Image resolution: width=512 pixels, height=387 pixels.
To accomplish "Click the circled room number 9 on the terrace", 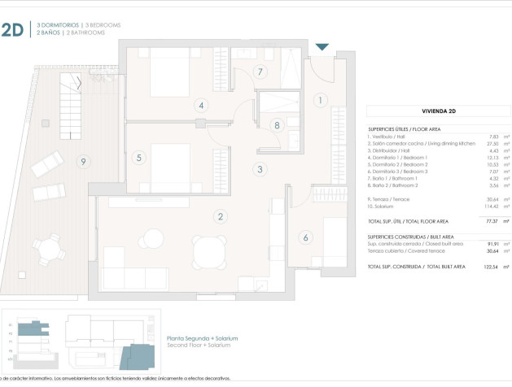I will point(83,162).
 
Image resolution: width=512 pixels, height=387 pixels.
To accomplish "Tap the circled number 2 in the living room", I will point(220,216).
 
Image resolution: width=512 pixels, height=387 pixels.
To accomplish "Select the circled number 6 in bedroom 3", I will point(306,237).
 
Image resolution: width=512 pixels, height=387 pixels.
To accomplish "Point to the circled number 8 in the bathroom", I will point(277,125).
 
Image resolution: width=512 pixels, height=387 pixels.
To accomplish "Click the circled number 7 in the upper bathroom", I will point(260,72).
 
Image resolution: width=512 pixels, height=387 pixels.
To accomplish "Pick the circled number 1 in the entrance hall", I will point(321,101).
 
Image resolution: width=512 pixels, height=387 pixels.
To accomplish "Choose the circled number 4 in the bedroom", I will point(200,105).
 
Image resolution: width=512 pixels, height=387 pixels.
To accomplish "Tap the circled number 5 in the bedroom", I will point(139,158).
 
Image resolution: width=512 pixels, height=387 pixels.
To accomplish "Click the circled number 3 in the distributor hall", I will point(260,170).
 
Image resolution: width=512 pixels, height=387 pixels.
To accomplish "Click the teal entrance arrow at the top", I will point(322,47).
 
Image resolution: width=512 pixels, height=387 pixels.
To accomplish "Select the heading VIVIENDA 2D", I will point(438,111).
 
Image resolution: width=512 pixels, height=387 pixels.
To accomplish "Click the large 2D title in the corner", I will point(12,31).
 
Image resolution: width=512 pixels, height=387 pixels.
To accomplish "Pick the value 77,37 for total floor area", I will point(491,221).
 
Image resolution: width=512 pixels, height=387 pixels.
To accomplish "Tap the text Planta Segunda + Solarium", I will point(202,338).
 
